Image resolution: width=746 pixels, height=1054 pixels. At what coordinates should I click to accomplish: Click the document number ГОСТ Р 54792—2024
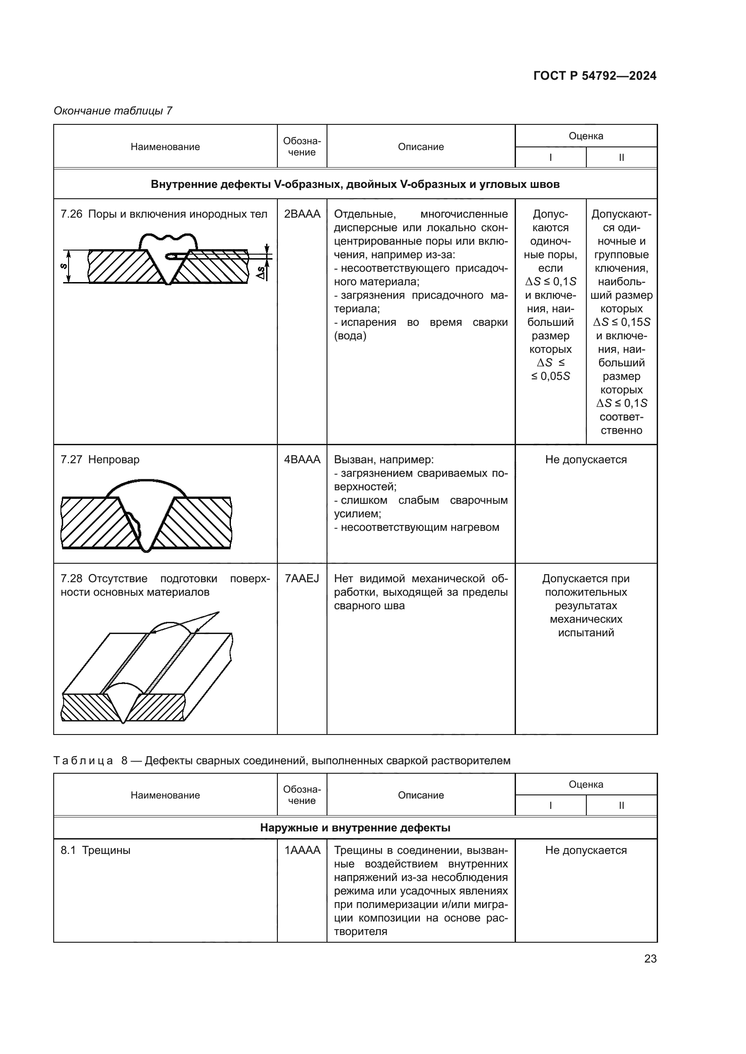point(594,76)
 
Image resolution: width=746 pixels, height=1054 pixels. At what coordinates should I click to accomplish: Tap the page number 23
point(650,958)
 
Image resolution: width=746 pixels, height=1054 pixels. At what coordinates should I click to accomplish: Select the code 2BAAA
point(302,214)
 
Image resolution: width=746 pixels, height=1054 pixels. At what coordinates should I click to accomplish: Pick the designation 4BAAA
point(302,460)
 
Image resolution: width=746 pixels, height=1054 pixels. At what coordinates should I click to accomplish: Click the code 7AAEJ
point(302,579)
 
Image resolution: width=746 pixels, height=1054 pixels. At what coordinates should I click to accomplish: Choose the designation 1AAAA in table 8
point(302,850)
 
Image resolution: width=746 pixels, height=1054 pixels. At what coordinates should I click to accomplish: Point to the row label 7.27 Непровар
point(100,460)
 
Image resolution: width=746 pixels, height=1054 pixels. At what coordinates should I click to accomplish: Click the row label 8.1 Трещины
point(96,850)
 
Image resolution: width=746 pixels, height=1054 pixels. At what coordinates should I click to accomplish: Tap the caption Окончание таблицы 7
point(113,111)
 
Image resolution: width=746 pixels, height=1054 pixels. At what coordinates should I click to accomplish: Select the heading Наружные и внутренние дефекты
point(355,828)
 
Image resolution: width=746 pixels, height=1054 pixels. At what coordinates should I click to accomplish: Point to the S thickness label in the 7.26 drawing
point(64,266)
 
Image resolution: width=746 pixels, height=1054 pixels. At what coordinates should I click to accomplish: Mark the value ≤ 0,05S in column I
point(550,376)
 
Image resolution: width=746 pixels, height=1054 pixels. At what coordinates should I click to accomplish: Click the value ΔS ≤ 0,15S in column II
point(621,322)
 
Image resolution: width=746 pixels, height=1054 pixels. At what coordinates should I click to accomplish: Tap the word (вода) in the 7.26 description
point(350,336)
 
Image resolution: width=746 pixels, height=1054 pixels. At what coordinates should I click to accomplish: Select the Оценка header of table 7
point(586,136)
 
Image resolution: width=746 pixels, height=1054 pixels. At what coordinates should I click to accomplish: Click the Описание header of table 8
point(421,795)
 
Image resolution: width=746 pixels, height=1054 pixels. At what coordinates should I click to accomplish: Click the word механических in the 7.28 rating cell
point(586,619)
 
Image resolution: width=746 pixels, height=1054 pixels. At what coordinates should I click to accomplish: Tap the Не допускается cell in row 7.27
point(586,460)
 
